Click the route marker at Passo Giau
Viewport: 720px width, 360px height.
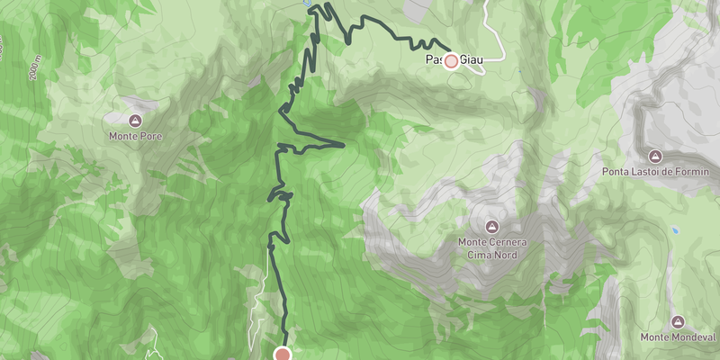pyautogui.click(x=451, y=61)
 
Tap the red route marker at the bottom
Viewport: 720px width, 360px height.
pyautogui.click(x=283, y=354)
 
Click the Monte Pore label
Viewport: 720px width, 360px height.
pyautogui.click(x=135, y=137)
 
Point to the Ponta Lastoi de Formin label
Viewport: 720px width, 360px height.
pyautogui.click(x=656, y=171)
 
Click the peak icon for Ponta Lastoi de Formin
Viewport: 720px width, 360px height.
pyautogui.click(x=656, y=155)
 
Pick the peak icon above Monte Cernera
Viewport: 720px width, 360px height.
pyautogui.click(x=491, y=226)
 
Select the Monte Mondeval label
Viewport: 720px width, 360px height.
pyautogui.click(x=678, y=337)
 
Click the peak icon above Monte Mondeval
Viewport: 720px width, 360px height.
pyautogui.click(x=678, y=321)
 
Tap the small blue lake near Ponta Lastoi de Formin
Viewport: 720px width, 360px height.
pyautogui.click(x=674, y=229)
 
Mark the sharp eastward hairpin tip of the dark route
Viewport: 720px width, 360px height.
pyautogui.click(x=344, y=143)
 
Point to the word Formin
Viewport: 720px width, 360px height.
pyautogui.click(x=693, y=171)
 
